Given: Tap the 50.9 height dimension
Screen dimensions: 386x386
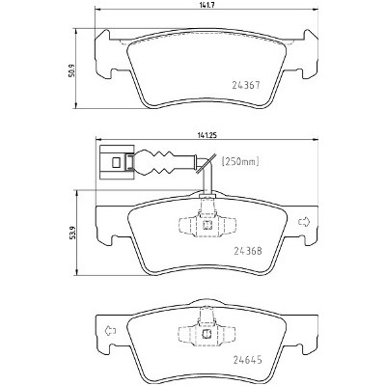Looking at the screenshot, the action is pos(72,70).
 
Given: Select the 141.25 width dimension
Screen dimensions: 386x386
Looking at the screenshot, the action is pos(207,135).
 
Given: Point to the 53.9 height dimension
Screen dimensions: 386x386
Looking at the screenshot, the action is pos(72,233).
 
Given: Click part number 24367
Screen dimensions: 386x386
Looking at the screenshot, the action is pos(245,85).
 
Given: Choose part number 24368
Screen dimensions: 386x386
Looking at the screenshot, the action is pos(248,251).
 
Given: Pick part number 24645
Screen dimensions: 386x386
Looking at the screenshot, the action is pos(248,360).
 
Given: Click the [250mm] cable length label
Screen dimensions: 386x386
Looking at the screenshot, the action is pos(240,161).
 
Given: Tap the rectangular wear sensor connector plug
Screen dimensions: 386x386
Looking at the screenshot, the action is pos(117,161).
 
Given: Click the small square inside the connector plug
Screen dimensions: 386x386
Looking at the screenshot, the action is pos(116,162).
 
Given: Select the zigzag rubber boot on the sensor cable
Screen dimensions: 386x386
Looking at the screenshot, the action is pos(157,162).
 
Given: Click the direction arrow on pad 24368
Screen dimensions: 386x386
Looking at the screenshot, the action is pos(304,222).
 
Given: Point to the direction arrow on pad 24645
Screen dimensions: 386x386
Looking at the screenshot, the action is pos(111,330).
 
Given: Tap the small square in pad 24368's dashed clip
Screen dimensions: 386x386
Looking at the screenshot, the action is pos(207,225).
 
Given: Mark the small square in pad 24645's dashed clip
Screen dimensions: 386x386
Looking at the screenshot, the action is pos(207,334).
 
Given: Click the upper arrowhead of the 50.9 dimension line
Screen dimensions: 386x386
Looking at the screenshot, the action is pos(76,31).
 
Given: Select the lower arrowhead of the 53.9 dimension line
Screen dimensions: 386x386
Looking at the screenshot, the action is pos(76,273).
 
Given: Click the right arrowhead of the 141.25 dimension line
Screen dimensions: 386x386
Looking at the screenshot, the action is pos(316,139).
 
